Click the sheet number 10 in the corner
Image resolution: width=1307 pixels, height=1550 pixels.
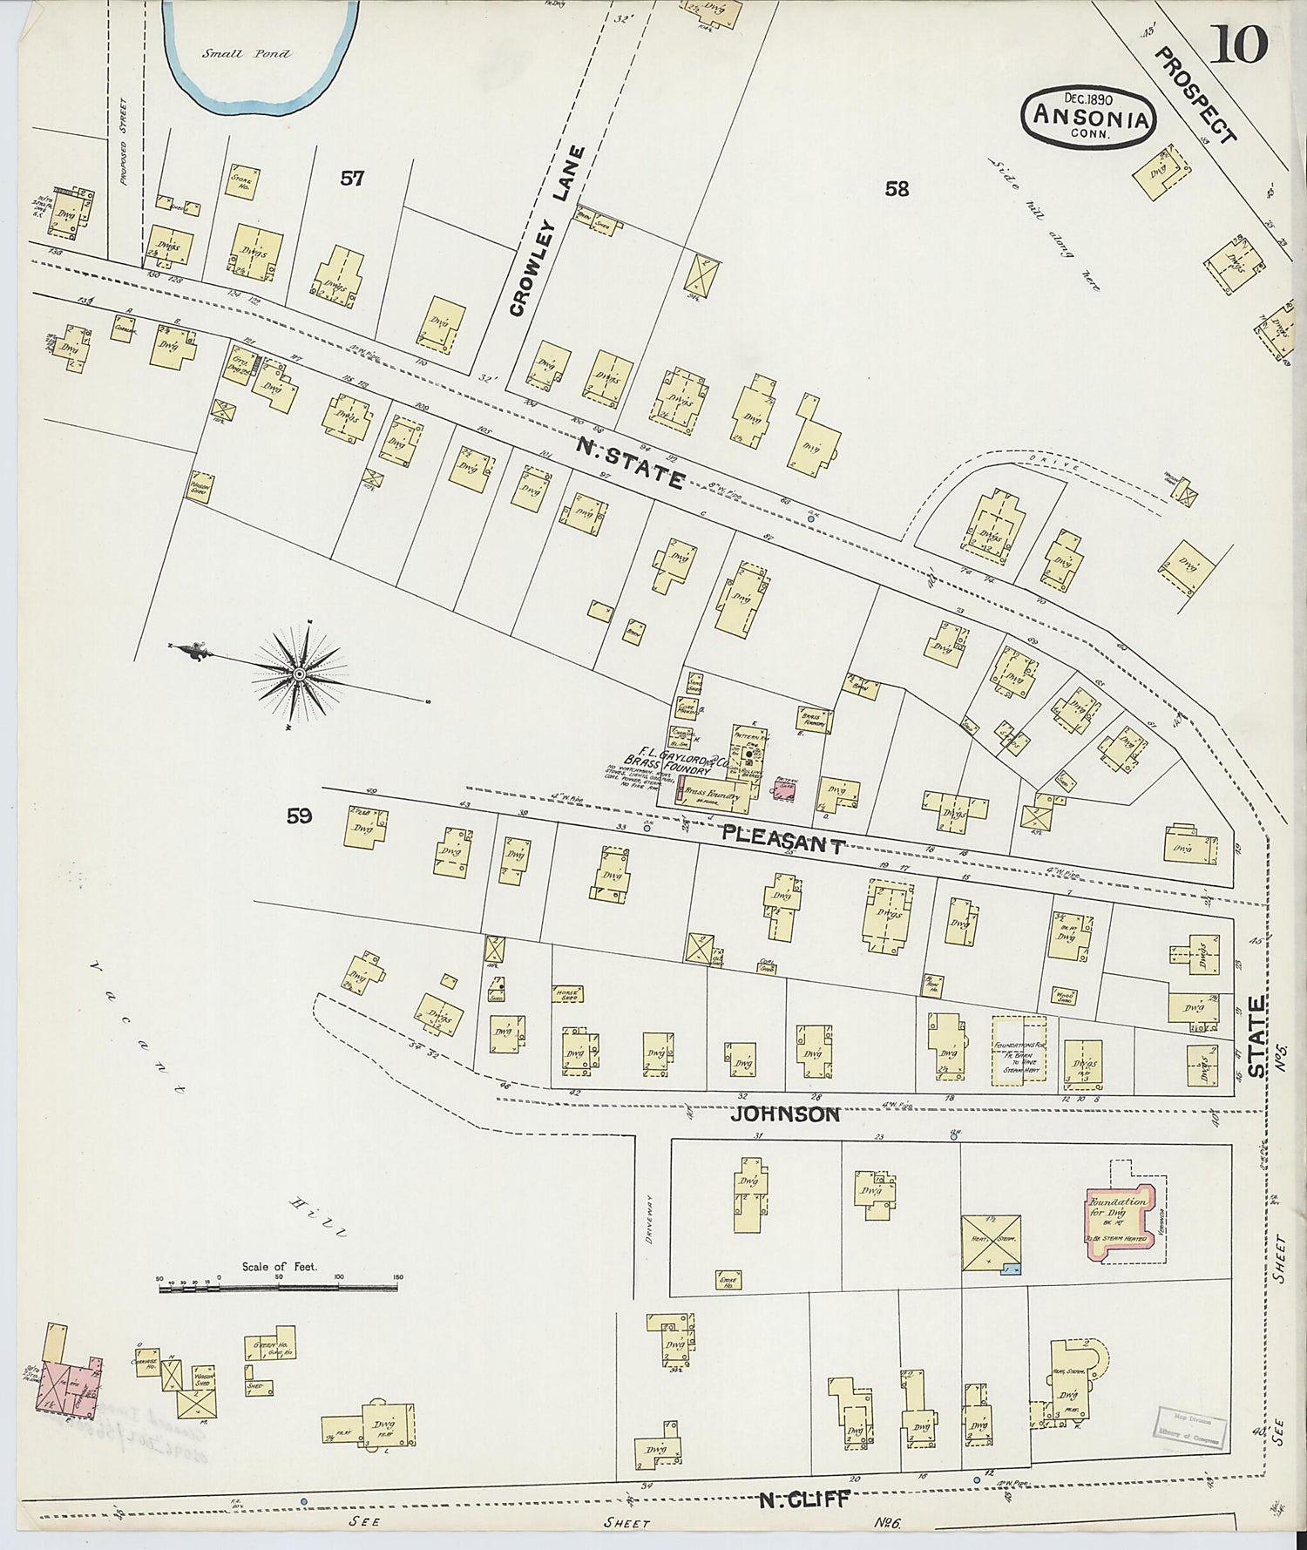(x=1237, y=44)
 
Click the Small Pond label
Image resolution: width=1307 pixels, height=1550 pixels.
(x=247, y=54)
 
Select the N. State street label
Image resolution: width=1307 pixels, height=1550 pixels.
(x=630, y=463)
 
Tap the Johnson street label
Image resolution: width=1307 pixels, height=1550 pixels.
(x=785, y=1113)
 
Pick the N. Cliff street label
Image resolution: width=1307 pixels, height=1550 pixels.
(x=802, y=1499)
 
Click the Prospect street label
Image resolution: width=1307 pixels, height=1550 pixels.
(x=1195, y=96)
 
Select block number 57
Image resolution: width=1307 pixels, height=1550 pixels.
(x=352, y=179)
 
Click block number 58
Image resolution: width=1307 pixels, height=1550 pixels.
(x=897, y=188)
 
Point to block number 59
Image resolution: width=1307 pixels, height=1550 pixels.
(x=299, y=816)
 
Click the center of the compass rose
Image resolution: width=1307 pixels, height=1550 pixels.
(x=299, y=673)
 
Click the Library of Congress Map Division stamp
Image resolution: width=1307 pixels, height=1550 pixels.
(x=1190, y=1426)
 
